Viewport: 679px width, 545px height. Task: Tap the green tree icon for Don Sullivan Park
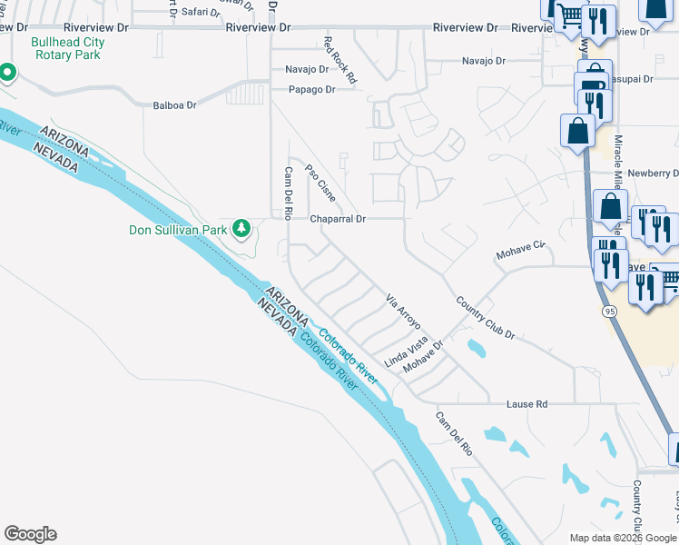[x=241, y=229]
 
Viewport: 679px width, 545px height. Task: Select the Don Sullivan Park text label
[x=177, y=230]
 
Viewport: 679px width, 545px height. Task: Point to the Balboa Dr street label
[x=174, y=105]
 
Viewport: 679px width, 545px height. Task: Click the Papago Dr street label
[x=311, y=89]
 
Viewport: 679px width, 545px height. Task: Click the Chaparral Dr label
[x=337, y=219]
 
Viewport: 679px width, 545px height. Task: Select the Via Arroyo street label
[x=405, y=312]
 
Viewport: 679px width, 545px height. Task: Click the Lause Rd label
[x=528, y=403]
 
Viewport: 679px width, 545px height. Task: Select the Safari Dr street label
[x=201, y=12]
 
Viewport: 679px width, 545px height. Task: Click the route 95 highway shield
[x=607, y=312]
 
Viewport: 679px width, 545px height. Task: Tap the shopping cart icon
[x=568, y=15]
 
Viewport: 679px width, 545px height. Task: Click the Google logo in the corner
[x=30, y=534]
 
